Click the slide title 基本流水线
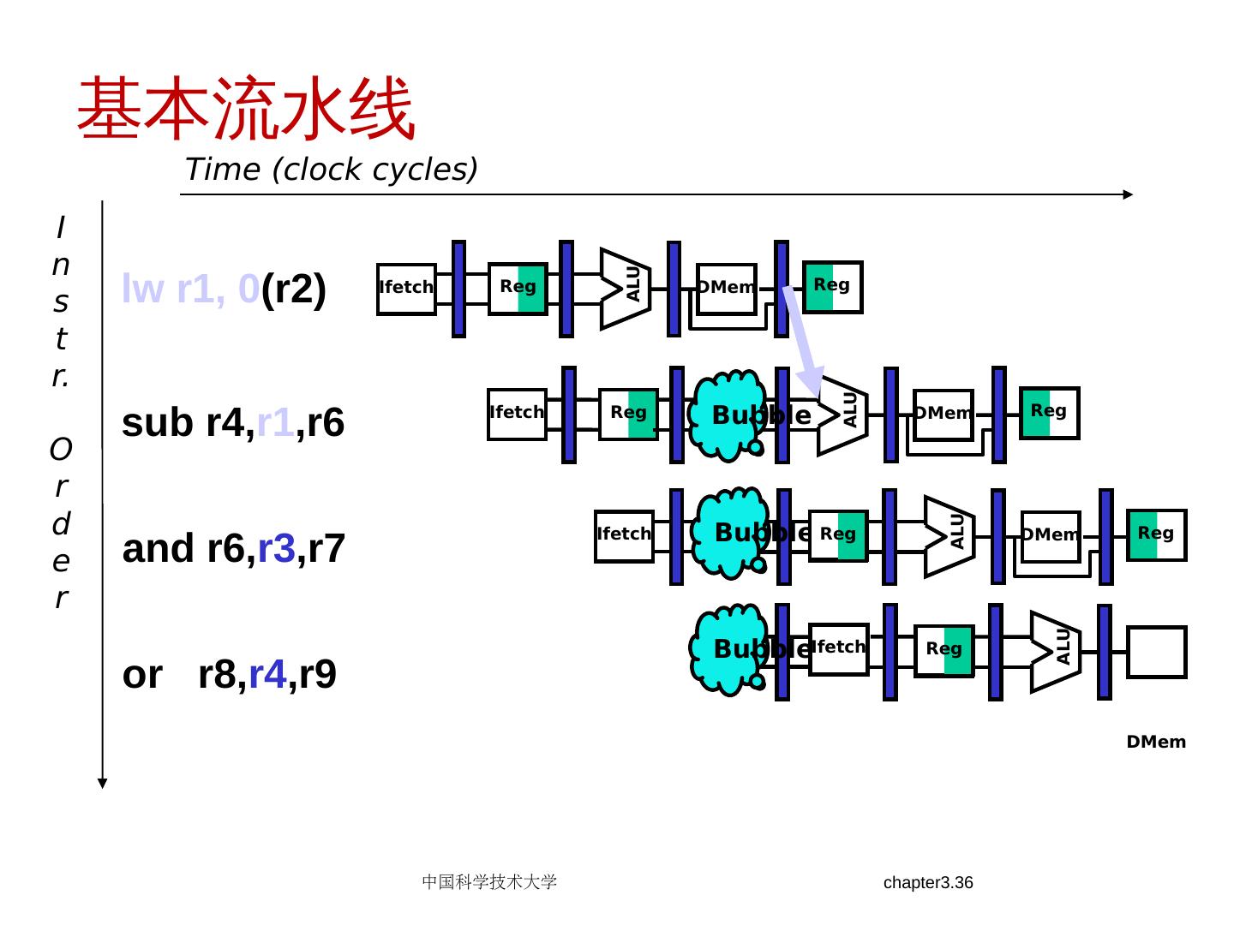246,109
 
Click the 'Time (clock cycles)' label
331,170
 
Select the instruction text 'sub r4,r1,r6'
233,422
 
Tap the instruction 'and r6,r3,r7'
233,548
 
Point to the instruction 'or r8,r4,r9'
229,674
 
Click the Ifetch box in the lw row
406,289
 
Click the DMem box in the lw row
727,289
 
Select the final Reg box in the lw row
832,287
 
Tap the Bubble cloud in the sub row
728,415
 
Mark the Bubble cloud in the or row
728,648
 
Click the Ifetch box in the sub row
517,415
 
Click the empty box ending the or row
1156,652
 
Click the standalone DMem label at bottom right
1156,742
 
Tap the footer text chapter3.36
928,883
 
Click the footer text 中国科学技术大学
489,882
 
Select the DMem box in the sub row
943,415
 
